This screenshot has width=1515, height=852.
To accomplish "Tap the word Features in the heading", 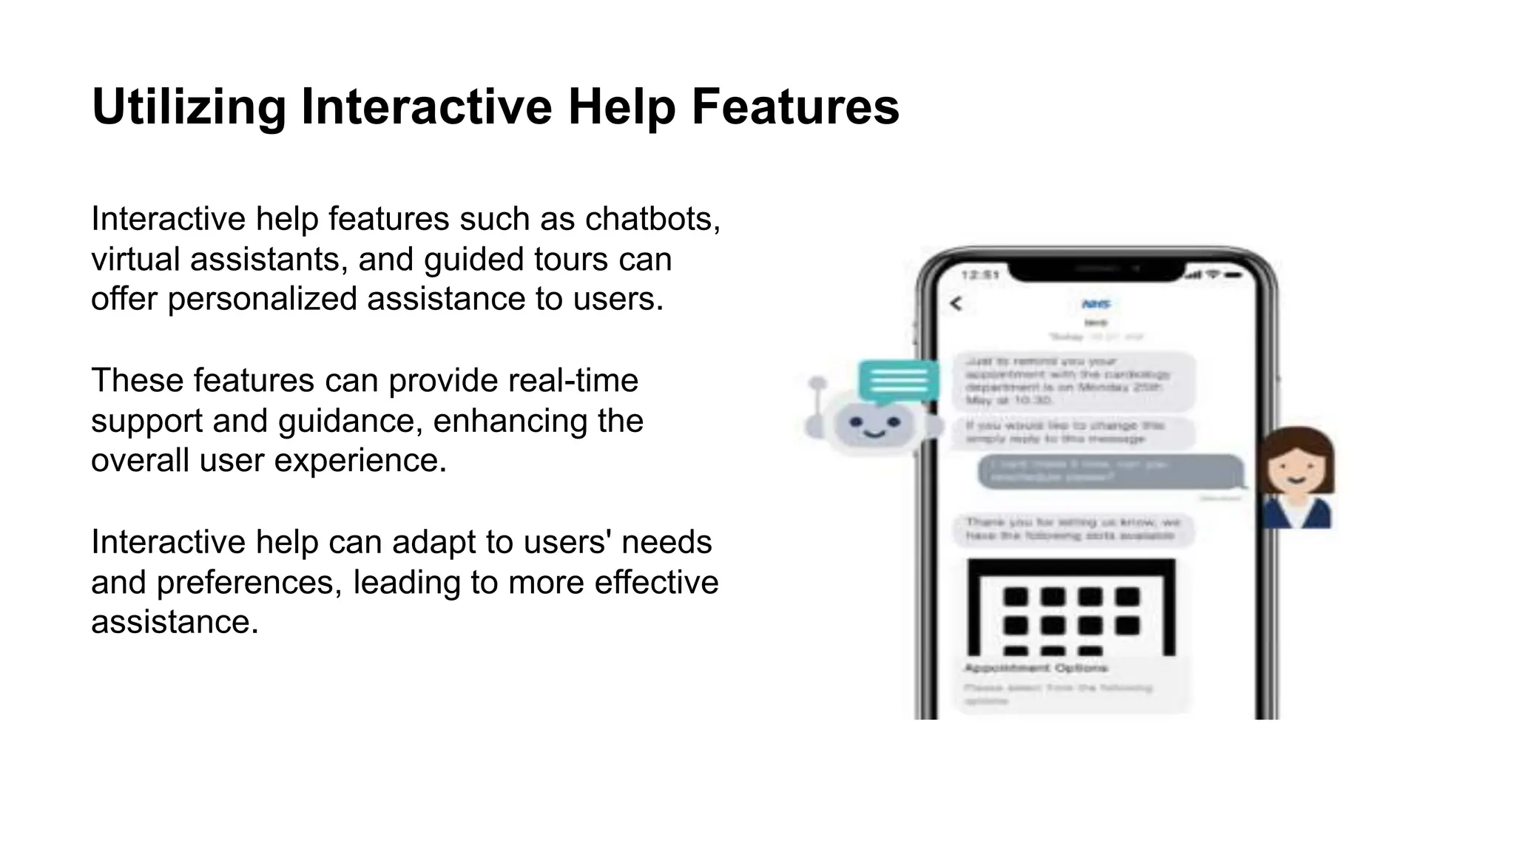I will click(x=795, y=107).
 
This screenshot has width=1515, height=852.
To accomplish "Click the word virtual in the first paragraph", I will click(x=135, y=259).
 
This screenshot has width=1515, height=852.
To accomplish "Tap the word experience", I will click(x=360, y=460).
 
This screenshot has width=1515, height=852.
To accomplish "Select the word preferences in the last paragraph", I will click(x=249, y=582).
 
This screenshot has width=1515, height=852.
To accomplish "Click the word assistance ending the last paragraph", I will click(x=175, y=622).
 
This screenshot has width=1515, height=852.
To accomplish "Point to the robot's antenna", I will click(x=817, y=399).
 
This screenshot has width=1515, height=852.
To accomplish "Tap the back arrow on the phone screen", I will click(x=956, y=303).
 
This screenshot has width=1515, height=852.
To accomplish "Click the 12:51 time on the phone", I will click(x=980, y=275).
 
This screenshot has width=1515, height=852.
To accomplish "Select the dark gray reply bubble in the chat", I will click(x=1110, y=471).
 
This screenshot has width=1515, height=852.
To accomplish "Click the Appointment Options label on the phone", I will click(x=1036, y=668).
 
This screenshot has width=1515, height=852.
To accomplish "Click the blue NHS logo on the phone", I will click(x=1096, y=304).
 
